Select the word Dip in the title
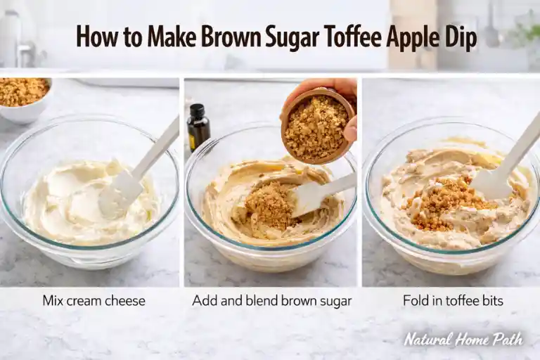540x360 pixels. (x=461, y=37)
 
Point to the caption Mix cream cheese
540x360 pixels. (x=94, y=301)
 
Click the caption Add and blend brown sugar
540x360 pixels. (x=272, y=301)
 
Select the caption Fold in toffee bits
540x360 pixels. (x=453, y=301)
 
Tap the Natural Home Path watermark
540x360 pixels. (x=463, y=339)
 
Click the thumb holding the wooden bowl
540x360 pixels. (x=350, y=128)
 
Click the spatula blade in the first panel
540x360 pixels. (x=117, y=193)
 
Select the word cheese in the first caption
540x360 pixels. (x=126, y=301)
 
